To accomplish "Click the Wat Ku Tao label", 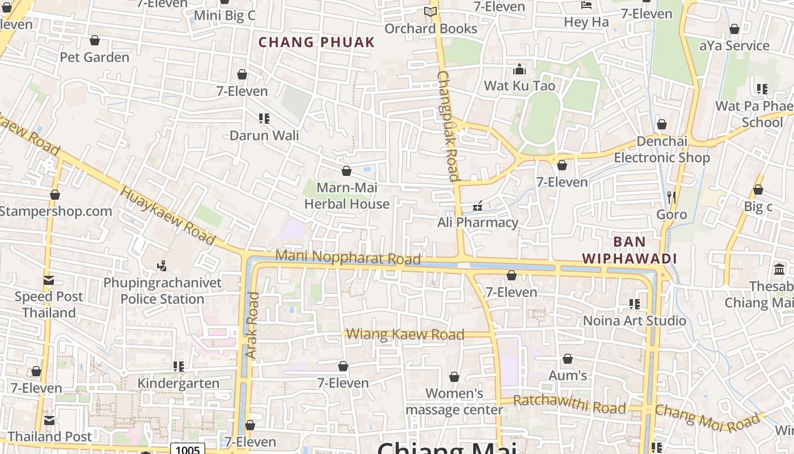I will point(520,86).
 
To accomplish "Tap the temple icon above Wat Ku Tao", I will point(520,70).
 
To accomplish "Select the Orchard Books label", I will point(431,28).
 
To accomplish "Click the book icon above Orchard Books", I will point(431,11).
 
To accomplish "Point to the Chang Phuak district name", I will point(316,42).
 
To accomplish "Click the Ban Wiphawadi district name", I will point(630,250).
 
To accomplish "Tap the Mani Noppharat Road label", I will point(348,257).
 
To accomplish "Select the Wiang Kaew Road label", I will point(405,334).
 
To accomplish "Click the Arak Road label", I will point(252,325).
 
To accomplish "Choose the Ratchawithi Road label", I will point(569,405).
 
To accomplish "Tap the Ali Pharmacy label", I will point(478,222).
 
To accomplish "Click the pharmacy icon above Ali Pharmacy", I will point(478,205).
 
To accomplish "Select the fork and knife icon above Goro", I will point(671,197).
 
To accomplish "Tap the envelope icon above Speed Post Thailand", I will point(49,280).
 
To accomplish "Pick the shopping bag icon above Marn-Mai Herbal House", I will point(347,171).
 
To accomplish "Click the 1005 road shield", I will point(188,449).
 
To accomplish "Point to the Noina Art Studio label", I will point(635,321).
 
